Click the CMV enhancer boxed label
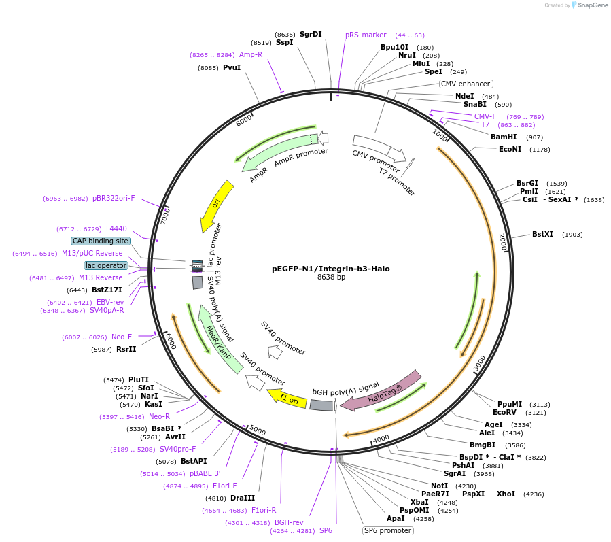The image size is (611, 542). point(466,84)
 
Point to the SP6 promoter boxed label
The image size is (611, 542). point(387,530)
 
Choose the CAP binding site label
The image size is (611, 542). point(101,241)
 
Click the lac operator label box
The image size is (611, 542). point(105,265)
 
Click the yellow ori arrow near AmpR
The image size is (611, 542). point(216,205)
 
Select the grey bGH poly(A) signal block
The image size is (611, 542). point(321,405)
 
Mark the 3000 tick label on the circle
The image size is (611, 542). point(481,364)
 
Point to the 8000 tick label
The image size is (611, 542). point(244,121)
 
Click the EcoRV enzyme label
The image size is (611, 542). point(506,412)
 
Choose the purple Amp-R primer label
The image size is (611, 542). point(251,54)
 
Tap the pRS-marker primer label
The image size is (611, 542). point(366,35)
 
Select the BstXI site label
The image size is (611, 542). point(543,235)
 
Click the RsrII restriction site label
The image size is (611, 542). point(126,350)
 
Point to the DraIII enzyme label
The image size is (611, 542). point(243,498)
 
